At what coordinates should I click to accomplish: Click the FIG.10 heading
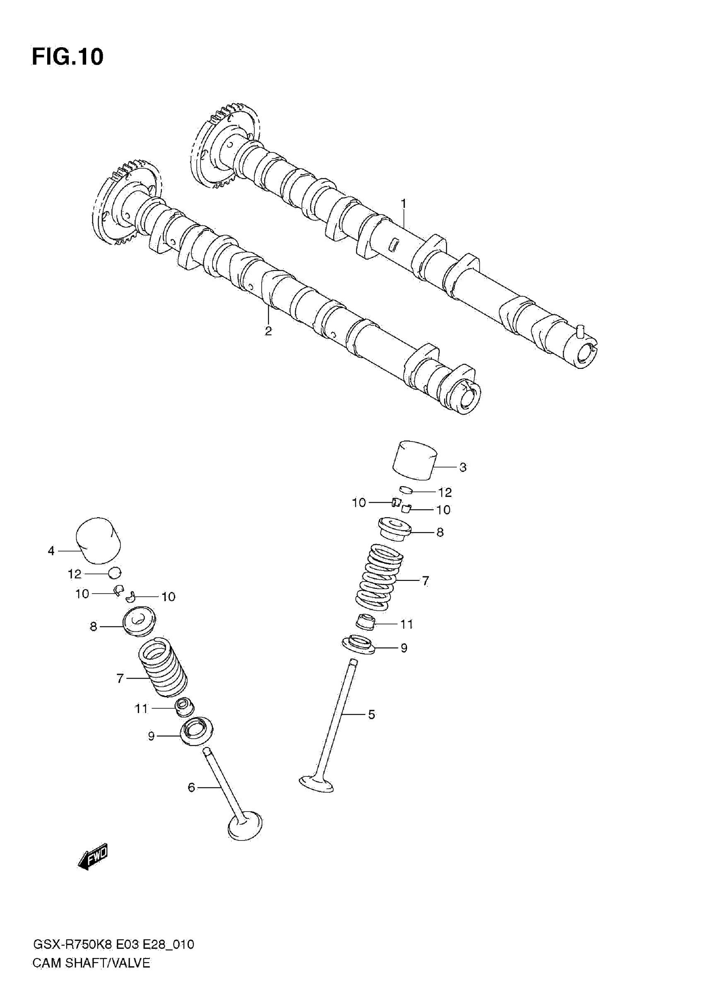tap(68, 56)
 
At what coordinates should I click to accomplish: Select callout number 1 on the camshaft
tap(403, 203)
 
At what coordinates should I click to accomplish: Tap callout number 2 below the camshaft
tap(268, 331)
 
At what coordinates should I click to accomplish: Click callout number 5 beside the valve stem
tap(371, 714)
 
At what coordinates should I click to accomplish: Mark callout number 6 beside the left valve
tap(191, 787)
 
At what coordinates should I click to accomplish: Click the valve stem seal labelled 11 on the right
tap(366, 623)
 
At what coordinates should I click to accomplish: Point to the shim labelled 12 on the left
tap(115, 573)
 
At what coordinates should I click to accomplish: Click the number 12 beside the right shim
tap(445, 492)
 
